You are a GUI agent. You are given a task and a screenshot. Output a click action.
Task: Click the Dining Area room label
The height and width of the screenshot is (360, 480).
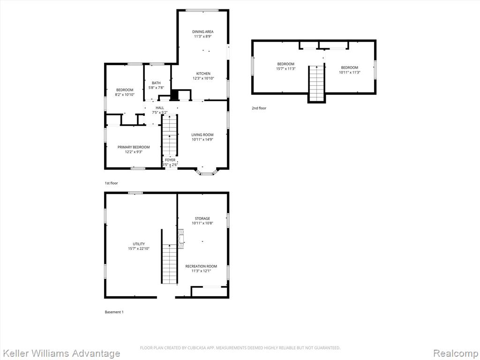click(202, 31)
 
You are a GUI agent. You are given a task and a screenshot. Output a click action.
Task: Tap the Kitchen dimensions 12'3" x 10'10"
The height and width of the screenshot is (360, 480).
click(203, 78)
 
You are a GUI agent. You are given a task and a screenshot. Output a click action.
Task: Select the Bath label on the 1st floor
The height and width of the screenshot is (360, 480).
click(156, 83)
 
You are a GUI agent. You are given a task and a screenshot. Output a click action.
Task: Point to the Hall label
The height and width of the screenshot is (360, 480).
click(160, 108)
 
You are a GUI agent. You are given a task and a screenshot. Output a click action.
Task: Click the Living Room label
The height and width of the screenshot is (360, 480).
click(202, 135)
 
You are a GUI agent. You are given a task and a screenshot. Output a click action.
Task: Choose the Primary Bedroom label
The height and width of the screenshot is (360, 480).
click(134, 147)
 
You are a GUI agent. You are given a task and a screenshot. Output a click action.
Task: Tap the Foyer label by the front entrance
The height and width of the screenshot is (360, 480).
click(170, 160)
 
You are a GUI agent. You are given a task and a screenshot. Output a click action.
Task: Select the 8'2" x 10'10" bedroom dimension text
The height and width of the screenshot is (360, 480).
click(125, 95)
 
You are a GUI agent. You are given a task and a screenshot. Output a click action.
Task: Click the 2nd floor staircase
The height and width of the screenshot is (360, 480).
click(316, 83)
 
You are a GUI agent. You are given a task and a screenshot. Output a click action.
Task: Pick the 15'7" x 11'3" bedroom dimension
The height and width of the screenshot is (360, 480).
click(285, 69)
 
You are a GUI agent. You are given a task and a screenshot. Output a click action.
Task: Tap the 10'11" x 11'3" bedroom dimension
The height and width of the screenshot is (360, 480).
click(349, 73)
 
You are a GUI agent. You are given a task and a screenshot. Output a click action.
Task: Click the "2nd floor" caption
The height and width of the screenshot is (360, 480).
click(259, 108)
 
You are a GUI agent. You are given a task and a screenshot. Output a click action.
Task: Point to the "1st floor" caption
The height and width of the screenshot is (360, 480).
click(111, 183)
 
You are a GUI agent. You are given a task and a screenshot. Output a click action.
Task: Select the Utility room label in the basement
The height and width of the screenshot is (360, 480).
click(139, 244)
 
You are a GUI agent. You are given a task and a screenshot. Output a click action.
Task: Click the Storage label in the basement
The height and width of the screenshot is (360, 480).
click(202, 218)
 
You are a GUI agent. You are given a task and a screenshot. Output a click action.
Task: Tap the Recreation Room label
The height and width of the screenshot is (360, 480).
click(201, 266)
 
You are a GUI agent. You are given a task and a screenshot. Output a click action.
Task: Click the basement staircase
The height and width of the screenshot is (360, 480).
click(169, 264)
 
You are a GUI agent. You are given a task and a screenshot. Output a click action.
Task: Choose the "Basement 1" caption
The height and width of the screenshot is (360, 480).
click(114, 312)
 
